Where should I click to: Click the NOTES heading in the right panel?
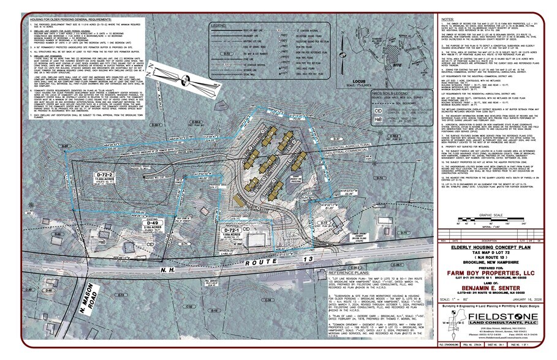(x=449, y=20)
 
